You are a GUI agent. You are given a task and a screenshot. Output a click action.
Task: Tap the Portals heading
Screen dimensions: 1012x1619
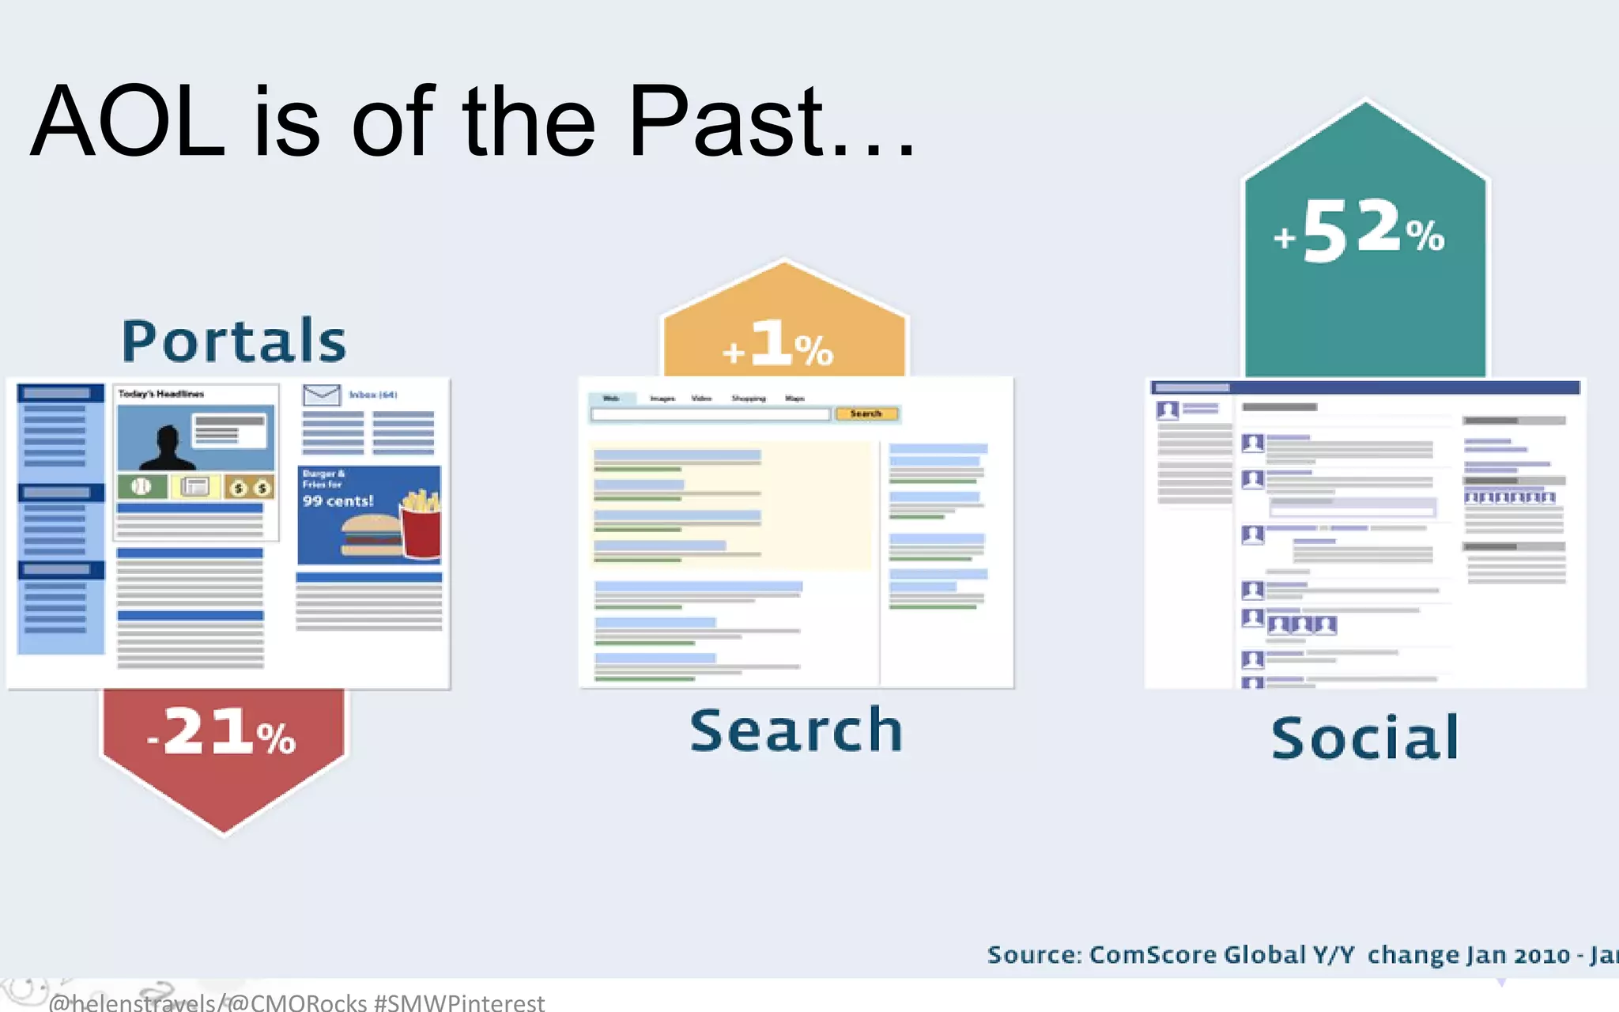click(234, 341)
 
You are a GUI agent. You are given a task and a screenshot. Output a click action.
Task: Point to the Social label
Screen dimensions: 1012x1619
click(1365, 738)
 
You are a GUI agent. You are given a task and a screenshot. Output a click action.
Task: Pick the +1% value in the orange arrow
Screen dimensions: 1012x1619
click(779, 345)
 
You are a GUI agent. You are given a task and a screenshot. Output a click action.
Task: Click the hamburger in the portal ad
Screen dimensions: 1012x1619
click(370, 535)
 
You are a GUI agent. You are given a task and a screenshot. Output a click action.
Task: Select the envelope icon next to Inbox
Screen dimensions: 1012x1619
click(321, 395)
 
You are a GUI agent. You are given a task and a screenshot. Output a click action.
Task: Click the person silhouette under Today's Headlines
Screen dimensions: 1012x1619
click(166, 447)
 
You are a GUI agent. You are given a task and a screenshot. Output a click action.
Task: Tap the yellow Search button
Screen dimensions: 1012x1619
click(866, 413)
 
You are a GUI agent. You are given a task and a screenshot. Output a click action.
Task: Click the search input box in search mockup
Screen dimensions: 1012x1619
click(710, 414)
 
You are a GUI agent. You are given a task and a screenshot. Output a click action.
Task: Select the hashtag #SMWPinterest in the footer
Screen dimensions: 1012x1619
click(459, 1003)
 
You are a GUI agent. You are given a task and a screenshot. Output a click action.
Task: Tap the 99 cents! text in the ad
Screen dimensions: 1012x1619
click(338, 501)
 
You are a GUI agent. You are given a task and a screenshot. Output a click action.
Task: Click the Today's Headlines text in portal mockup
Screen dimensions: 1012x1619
click(161, 394)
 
